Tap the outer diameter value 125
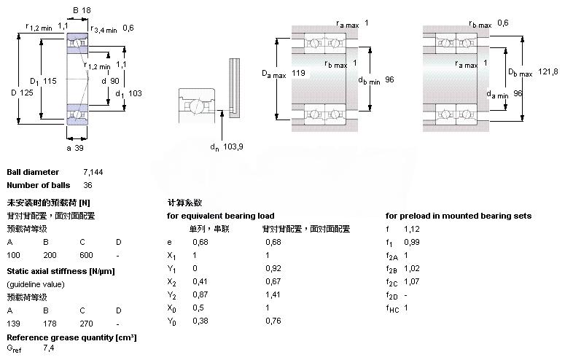(x=28, y=93)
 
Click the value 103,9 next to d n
(x=233, y=148)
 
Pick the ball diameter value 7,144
(x=94, y=172)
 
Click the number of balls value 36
(x=88, y=185)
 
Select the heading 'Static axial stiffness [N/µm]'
(x=61, y=271)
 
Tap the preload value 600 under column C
(x=86, y=255)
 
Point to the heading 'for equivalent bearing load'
(x=220, y=216)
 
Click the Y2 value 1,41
(x=273, y=294)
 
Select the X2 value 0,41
(x=199, y=281)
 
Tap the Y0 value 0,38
(x=199, y=321)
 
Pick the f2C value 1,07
(x=412, y=281)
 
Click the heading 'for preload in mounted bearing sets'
(x=458, y=216)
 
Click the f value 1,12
(x=412, y=229)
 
